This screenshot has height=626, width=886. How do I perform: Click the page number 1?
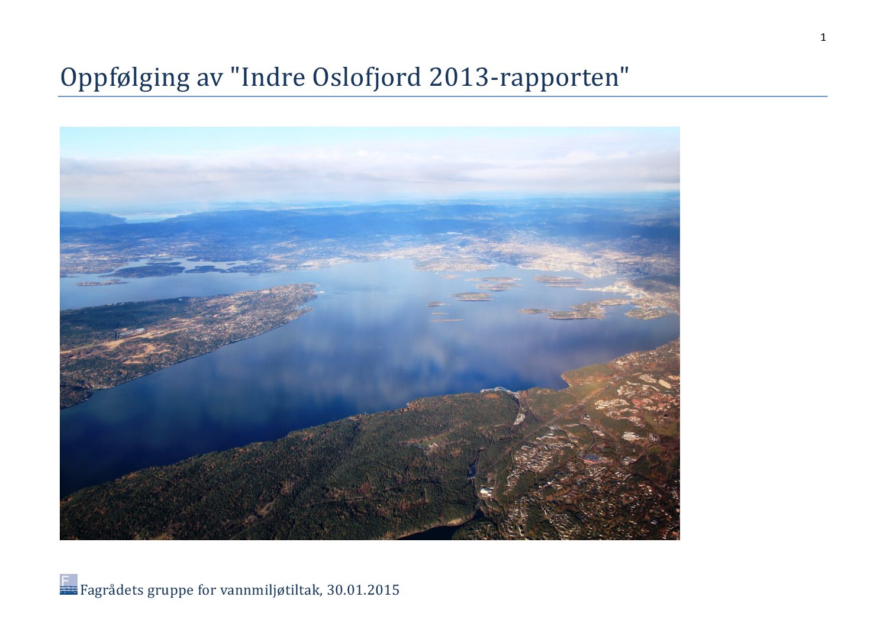[x=823, y=37]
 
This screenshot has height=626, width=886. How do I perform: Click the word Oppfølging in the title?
[x=125, y=78]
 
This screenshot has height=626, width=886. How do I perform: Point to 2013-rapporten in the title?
[x=524, y=78]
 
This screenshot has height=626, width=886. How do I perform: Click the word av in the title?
[x=210, y=80]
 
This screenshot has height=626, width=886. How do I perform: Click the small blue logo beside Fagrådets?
[x=69, y=585]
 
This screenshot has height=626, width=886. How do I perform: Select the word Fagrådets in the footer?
[x=112, y=590]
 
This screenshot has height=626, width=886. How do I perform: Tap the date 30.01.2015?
[x=363, y=590]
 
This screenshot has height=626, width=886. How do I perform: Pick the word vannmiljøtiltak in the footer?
[x=271, y=590]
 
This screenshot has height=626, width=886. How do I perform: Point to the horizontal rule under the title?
[x=443, y=96]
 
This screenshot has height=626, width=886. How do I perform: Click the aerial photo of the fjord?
[x=370, y=333]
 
